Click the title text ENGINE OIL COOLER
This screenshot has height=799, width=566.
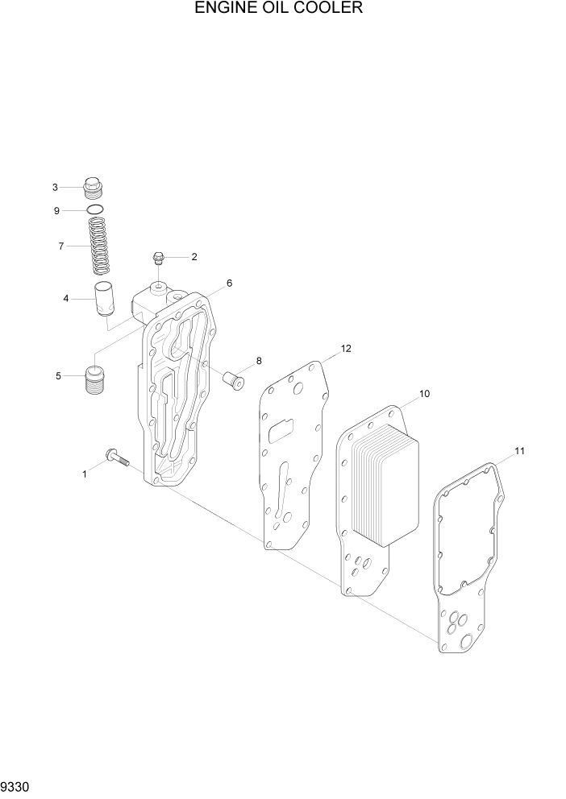pyautogui.click(x=278, y=9)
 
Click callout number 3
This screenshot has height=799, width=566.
pyautogui.click(x=56, y=188)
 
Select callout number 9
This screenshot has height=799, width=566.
pyautogui.click(x=56, y=211)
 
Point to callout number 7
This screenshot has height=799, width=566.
pyautogui.click(x=60, y=246)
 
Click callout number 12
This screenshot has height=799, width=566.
pyautogui.click(x=346, y=349)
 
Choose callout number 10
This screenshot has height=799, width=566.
pyautogui.click(x=424, y=394)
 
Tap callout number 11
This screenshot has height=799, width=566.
pyautogui.click(x=519, y=451)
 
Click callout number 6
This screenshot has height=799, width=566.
pyautogui.click(x=229, y=284)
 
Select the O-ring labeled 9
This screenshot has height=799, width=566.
pyautogui.click(x=96, y=211)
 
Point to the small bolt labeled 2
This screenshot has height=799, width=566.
pyautogui.click(x=159, y=259)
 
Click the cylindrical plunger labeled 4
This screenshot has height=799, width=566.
pyautogui.click(x=103, y=300)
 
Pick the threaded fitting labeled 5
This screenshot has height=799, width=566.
pyautogui.click(x=96, y=379)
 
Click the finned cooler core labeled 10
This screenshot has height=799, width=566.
pyautogui.click(x=385, y=483)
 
